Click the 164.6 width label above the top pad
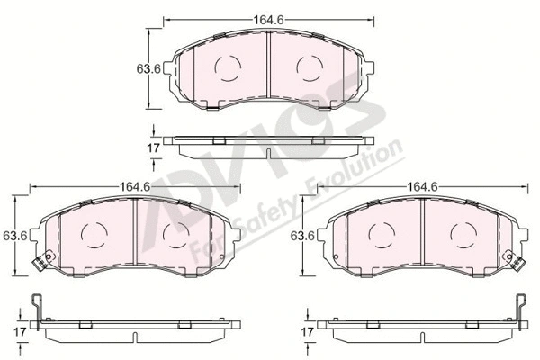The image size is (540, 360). (x=268, y=20)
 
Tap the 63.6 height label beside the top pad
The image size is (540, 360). (x=148, y=69)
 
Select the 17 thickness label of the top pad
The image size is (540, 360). (x=153, y=148)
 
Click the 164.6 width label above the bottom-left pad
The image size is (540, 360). (x=135, y=186)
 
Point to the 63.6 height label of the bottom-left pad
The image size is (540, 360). (x=14, y=236)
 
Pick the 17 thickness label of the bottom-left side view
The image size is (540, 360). (x=20, y=332)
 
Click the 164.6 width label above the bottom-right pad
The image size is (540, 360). (x=423, y=186)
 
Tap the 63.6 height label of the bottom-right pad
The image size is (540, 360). (x=302, y=236)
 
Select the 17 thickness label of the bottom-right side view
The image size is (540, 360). (x=307, y=332)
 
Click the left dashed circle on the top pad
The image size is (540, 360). (x=228, y=68)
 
